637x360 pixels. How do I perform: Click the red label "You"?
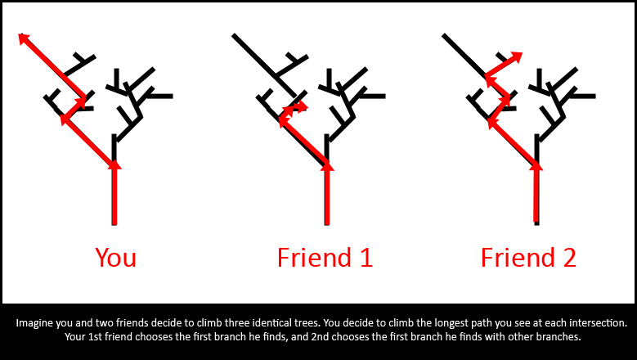click(116, 257)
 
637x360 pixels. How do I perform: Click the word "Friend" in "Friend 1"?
click(314, 257)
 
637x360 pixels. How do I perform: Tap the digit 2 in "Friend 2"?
click(569, 257)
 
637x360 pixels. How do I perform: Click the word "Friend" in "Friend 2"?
click(517, 257)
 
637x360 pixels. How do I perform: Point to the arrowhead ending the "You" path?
click(24, 38)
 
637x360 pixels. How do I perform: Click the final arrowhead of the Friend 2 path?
click(517, 56)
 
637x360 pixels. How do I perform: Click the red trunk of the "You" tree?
click(114, 194)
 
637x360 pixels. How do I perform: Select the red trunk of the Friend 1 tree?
click(327, 194)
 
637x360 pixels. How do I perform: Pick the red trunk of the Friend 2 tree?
click(536, 193)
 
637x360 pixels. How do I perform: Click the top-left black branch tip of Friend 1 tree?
click(234, 36)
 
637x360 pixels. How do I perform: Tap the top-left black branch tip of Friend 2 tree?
click(445, 36)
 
